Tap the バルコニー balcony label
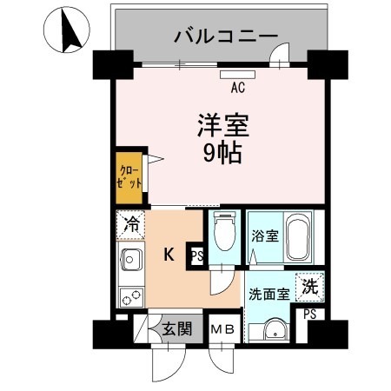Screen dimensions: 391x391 pyautogui.click(x=225, y=36)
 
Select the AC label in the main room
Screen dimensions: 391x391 pyautogui.click(x=237, y=87)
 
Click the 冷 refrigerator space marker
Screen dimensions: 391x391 pyautogui.click(x=131, y=225)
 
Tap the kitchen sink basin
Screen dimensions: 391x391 pyautogui.click(x=131, y=260)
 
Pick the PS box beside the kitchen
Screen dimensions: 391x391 pyautogui.click(x=196, y=255)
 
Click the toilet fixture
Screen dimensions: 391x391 pyautogui.click(x=224, y=233)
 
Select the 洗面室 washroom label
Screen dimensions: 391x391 pyautogui.click(x=269, y=293)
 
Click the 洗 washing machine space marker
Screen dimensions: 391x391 pyautogui.click(x=308, y=283)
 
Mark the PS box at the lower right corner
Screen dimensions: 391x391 pyautogui.click(x=309, y=315)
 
